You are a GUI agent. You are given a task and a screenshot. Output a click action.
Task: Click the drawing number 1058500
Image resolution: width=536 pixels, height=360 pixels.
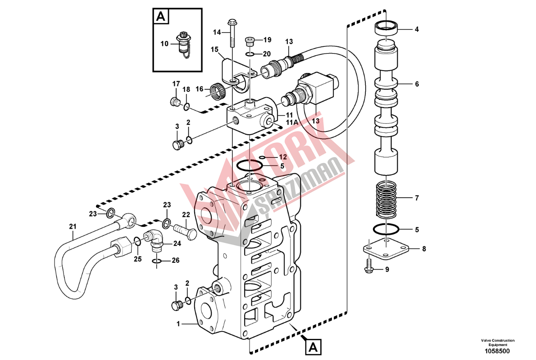[497, 351]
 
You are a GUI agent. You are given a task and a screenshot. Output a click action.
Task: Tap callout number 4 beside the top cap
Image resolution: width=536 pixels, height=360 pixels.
[417, 29]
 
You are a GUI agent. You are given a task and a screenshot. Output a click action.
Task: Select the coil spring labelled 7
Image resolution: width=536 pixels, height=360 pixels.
[386, 200]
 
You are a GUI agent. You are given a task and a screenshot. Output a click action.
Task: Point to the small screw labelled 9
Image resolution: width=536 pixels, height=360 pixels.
[369, 267]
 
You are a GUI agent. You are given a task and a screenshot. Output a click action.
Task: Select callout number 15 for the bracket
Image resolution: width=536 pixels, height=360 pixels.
[214, 49]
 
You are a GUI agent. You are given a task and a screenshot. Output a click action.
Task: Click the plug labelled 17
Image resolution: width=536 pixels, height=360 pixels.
[175, 101]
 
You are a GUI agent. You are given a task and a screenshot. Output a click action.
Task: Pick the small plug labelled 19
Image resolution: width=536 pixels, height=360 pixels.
[249, 42]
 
